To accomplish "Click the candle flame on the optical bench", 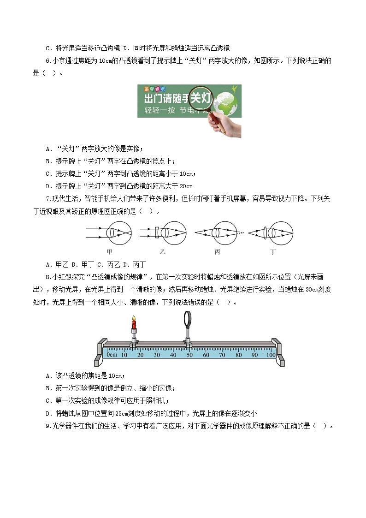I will click(x=134, y=318).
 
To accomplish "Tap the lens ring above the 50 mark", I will click(x=189, y=319).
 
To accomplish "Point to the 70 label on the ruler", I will click(x=222, y=355).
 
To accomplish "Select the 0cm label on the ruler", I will click(x=112, y=355).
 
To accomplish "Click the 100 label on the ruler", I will click(x=271, y=355).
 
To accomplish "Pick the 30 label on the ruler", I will click(x=157, y=355).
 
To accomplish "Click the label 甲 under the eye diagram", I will click(x=109, y=252).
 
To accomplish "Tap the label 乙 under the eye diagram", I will click(x=163, y=252).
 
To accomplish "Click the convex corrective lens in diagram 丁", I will click(x=266, y=232).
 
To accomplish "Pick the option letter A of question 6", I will click(x=48, y=148).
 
